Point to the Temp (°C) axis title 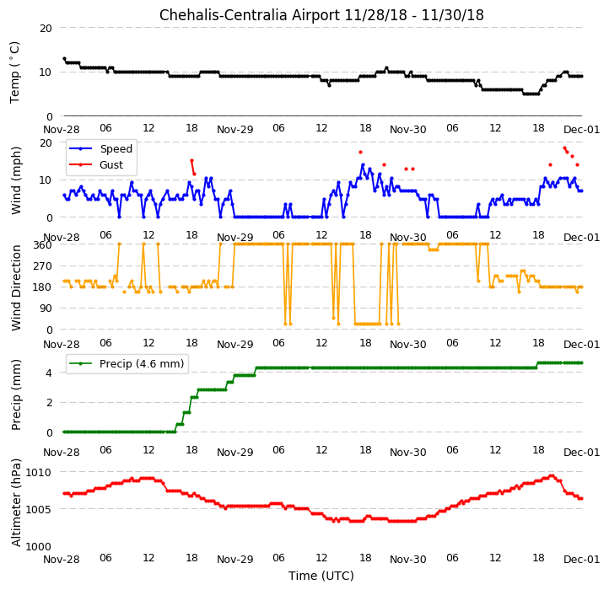[14, 72]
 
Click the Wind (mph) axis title [15, 180]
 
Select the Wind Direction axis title [15, 287]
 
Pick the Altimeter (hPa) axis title [15, 502]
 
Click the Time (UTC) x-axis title [321, 575]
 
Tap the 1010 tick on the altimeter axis [38, 472]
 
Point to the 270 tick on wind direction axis [44, 266]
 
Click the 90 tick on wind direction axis [46, 308]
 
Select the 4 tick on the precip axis [49, 373]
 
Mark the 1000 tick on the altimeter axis [38, 546]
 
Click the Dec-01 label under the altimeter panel [581, 560]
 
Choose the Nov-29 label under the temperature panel [235, 129]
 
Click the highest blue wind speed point [363, 165]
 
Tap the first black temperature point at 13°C [64, 59]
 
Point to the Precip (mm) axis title [15, 394]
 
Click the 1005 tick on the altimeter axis [38, 509]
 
